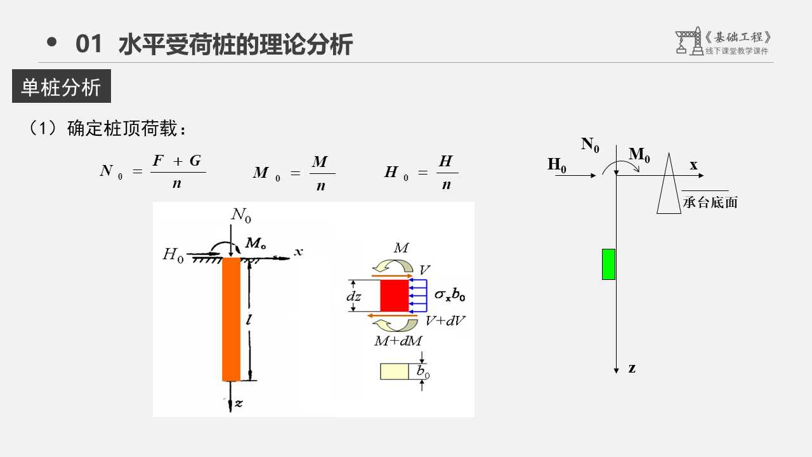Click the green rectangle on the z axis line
point(608,265)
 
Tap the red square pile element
point(395,296)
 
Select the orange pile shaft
point(232,319)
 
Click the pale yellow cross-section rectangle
point(395,371)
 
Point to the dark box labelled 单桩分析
point(62,86)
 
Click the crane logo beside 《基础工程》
point(689,41)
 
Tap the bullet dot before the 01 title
point(52,42)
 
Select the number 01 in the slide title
point(88,44)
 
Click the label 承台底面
point(710,202)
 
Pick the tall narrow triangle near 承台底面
point(669,183)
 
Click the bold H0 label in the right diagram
point(557,165)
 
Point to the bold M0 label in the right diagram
point(639,154)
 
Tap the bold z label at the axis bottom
point(632,369)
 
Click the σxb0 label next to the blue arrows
point(450,295)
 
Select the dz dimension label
point(353,296)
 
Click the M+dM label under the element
point(398,341)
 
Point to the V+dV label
point(445,321)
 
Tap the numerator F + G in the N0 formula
point(177,161)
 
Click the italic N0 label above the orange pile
point(241,215)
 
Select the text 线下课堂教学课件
point(737,51)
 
